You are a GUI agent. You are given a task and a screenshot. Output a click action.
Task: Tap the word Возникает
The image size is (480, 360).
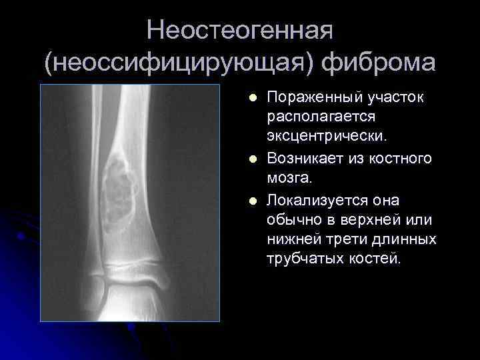(303, 159)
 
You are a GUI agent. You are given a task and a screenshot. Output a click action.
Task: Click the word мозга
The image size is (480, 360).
(289, 178)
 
